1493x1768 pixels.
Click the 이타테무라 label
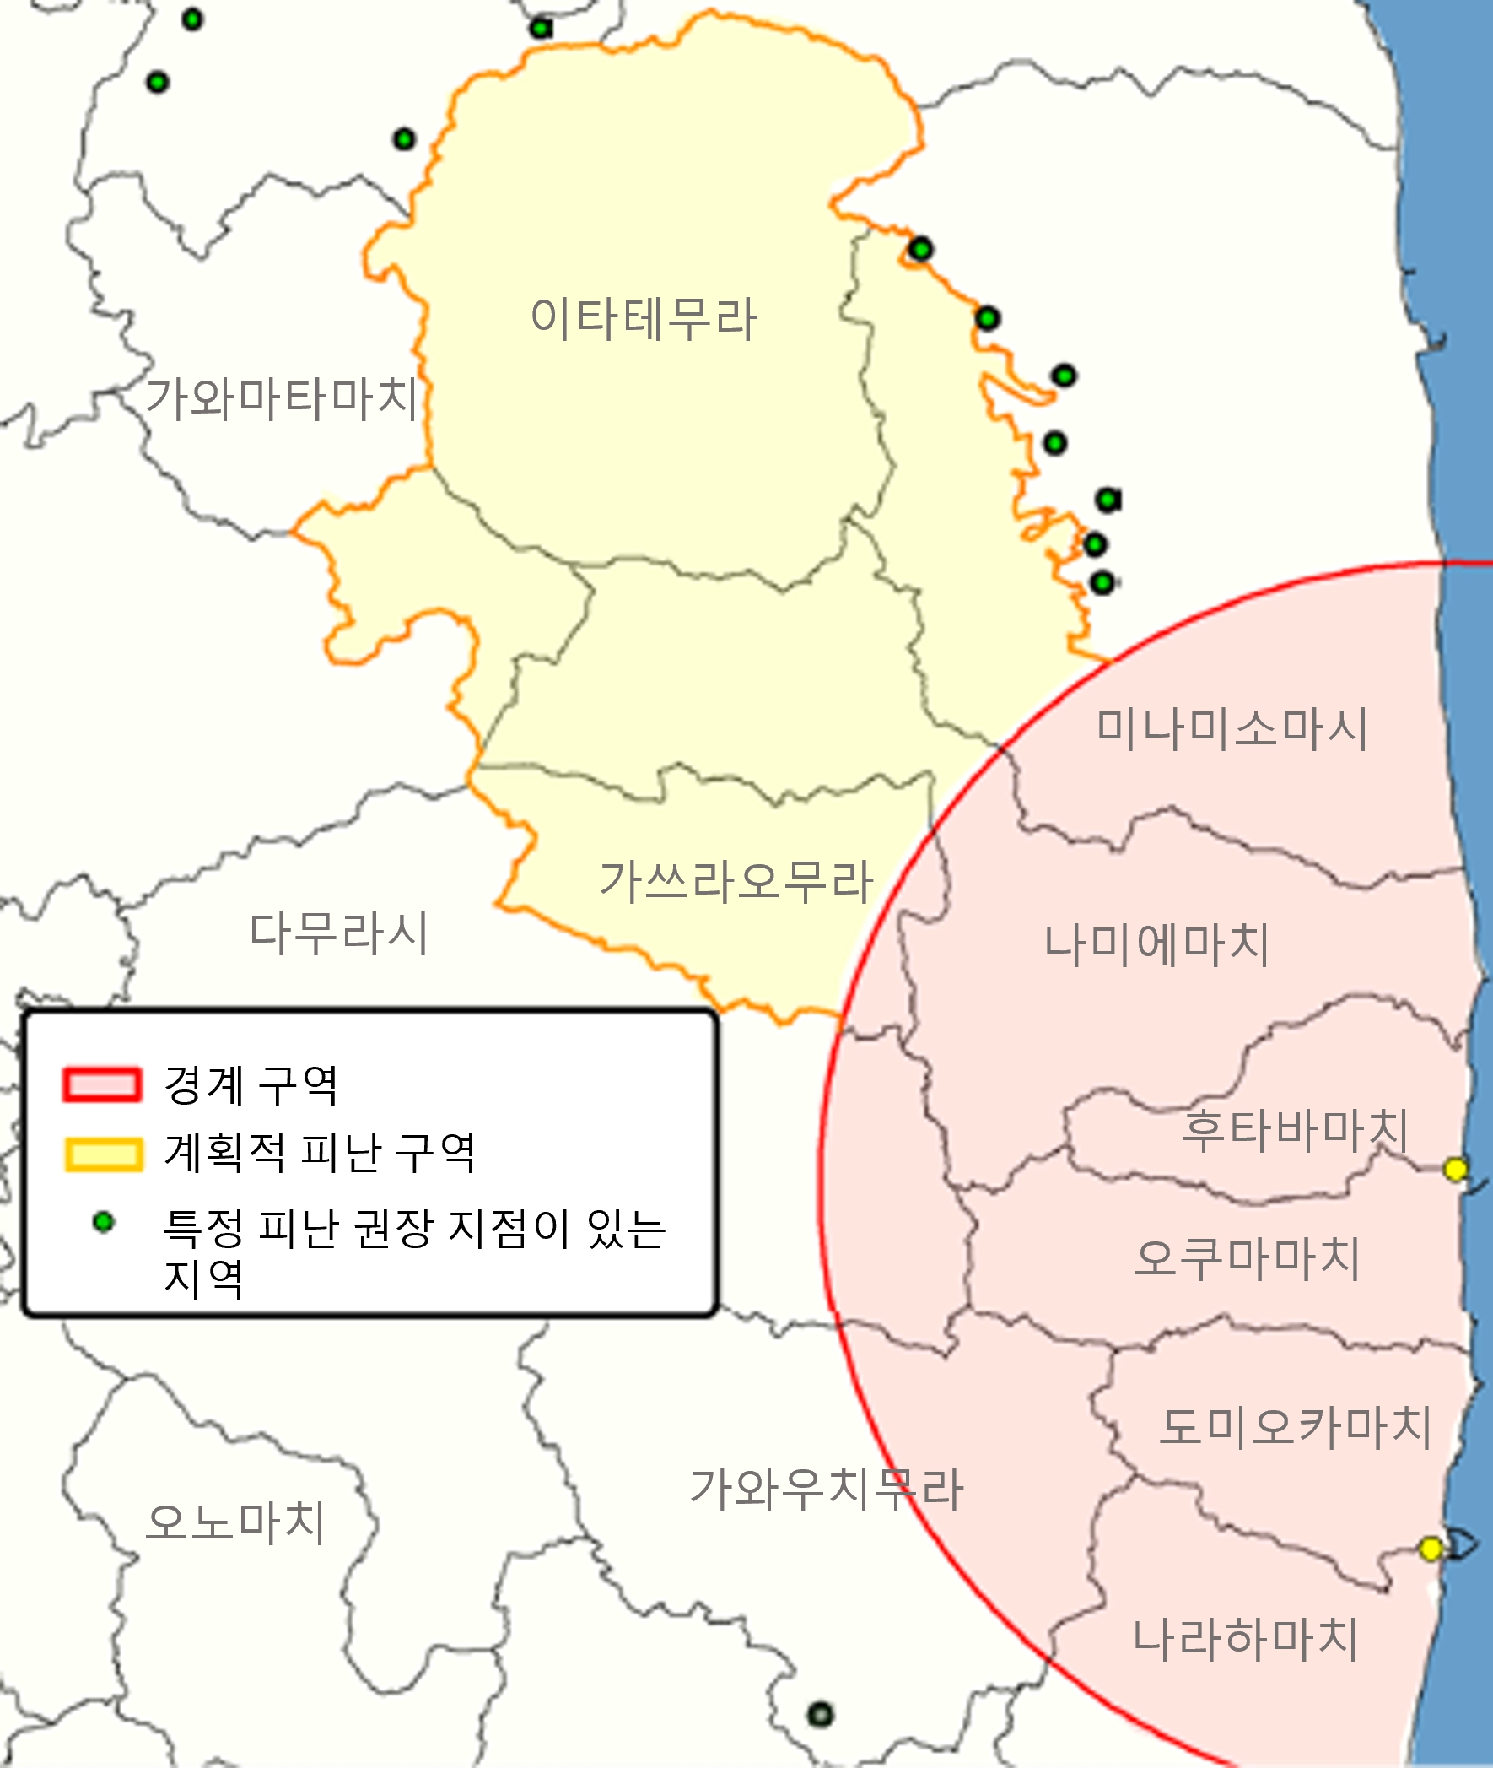tap(644, 319)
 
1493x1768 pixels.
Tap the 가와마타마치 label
tap(282, 398)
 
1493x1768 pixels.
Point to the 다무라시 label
tap(338, 933)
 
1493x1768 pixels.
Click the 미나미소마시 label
tap(1232, 728)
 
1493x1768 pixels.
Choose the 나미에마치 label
tap(1156, 944)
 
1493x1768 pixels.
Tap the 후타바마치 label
tap(1295, 1129)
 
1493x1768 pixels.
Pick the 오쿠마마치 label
tap(1246, 1258)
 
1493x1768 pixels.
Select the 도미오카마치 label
tap(1295, 1426)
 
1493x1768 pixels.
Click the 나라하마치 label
tap(1245, 1638)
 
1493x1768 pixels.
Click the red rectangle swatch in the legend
tap(101, 1084)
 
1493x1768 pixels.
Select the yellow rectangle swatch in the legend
tap(102, 1154)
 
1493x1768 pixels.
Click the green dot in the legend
tap(103, 1222)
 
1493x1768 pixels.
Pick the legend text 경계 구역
tap(251, 1084)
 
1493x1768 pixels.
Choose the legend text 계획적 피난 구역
tap(320, 1153)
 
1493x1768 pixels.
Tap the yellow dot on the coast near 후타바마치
tap(1455, 1170)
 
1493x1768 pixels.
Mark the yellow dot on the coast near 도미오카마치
tap(1431, 1549)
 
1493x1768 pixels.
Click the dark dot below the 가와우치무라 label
tap(820, 1715)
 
